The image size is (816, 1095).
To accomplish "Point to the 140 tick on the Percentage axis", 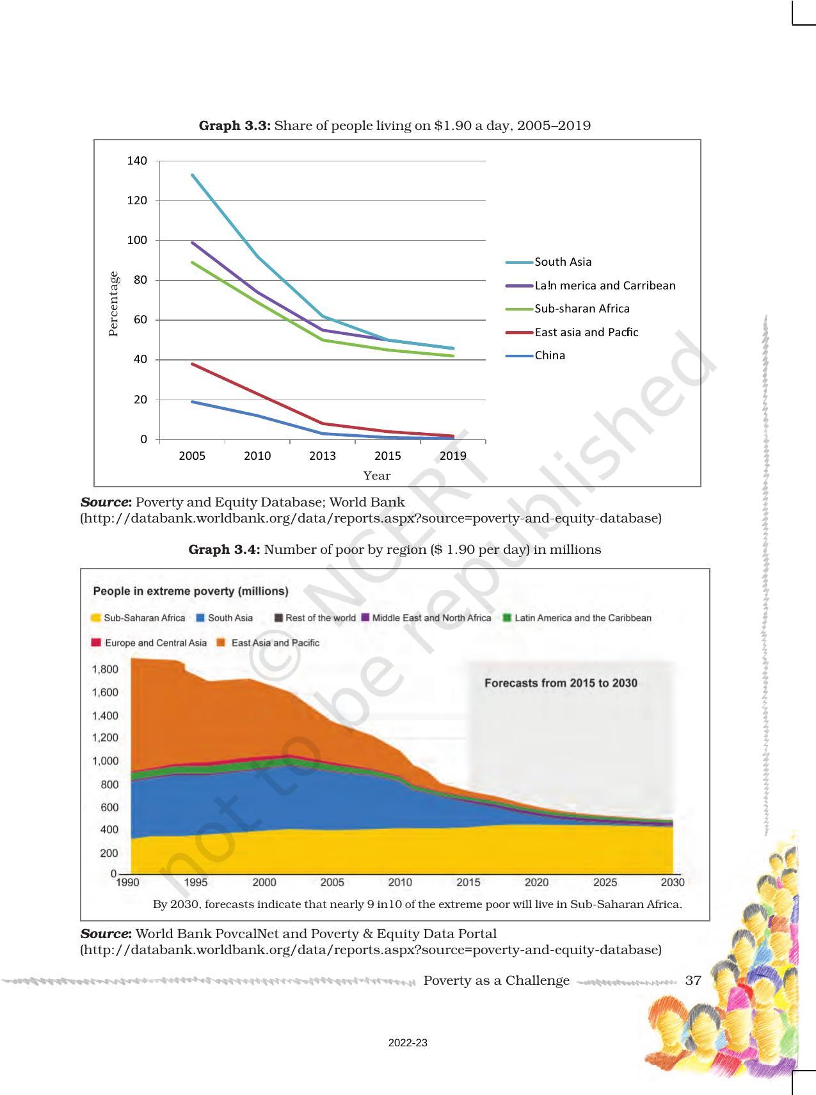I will pyautogui.click(x=137, y=161).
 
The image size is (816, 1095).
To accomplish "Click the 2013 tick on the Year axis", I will pyautogui.click(x=323, y=456).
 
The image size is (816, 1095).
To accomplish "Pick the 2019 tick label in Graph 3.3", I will pyautogui.click(x=453, y=456).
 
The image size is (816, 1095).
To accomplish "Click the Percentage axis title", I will pyautogui.click(x=113, y=304).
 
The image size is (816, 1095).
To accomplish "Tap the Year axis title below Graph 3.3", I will pyautogui.click(x=376, y=476).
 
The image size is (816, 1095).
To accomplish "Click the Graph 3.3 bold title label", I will pyautogui.click(x=236, y=126).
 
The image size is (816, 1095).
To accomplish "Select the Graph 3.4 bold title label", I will pyautogui.click(x=224, y=549).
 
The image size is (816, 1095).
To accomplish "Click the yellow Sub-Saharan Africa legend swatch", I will pyautogui.click(x=96, y=618).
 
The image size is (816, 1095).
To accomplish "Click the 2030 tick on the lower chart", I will pyautogui.click(x=672, y=882).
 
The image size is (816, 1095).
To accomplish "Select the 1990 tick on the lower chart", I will pyautogui.click(x=127, y=882).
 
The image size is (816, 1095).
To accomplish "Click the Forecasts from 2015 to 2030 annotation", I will pyautogui.click(x=561, y=683).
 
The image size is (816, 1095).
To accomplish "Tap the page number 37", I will pyautogui.click(x=693, y=980).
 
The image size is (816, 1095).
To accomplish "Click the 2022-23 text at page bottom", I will pyautogui.click(x=408, y=1043).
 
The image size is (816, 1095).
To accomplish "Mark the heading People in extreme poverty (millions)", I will pyautogui.click(x=191, y=591).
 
